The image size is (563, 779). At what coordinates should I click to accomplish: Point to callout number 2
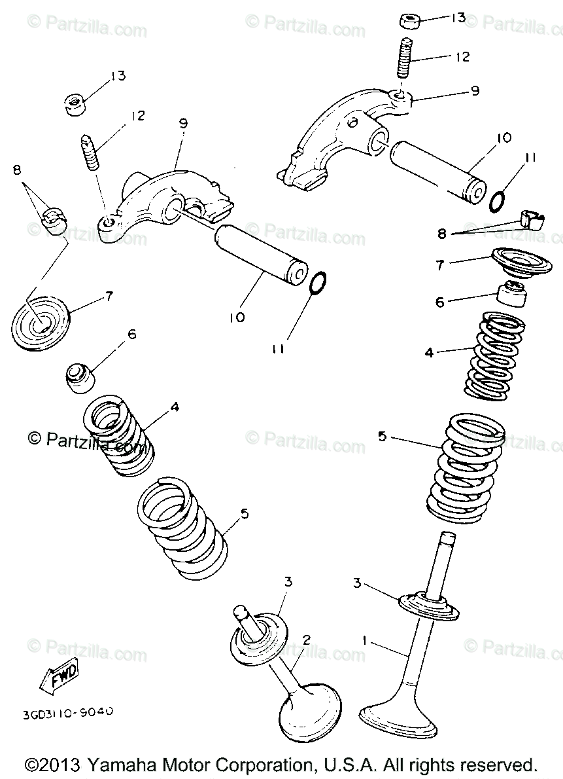click(x=305, y=640)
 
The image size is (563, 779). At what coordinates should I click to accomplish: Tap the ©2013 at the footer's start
click(x=52, y=765)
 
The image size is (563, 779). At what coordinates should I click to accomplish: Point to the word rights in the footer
click(x=428, y=765)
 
